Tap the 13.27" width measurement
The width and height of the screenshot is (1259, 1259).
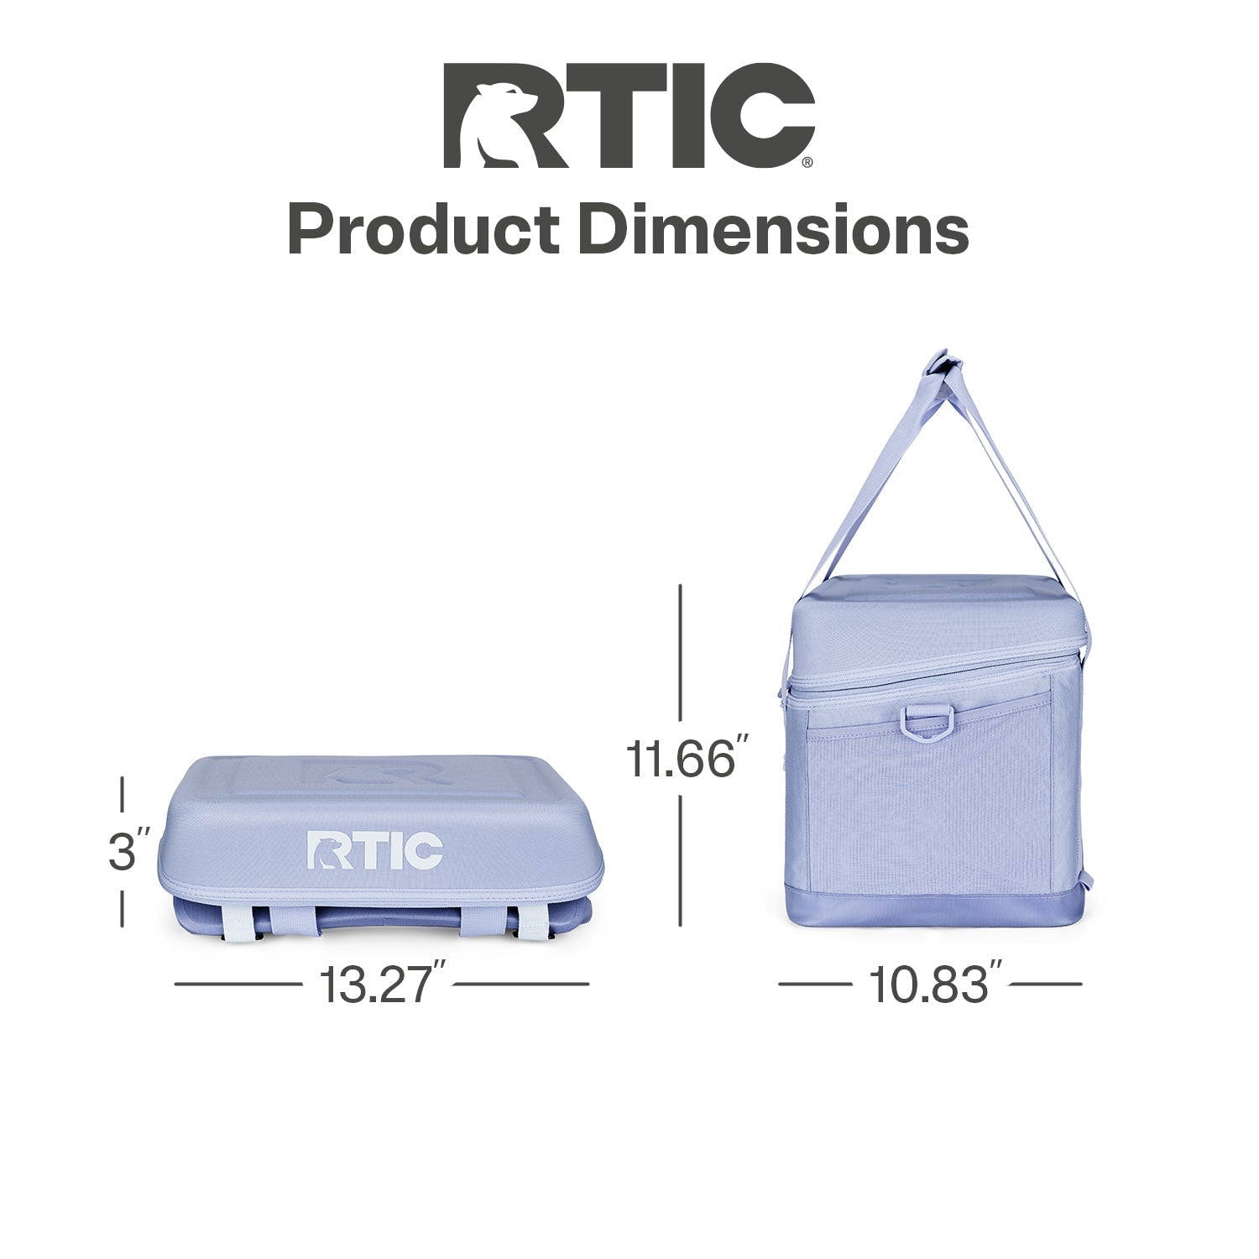click(381, 984)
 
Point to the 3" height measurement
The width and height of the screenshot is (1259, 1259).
click(129, 850)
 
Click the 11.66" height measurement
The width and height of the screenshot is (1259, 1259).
click(681, 758)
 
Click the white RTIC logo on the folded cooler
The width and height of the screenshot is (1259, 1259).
click(374, 850)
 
